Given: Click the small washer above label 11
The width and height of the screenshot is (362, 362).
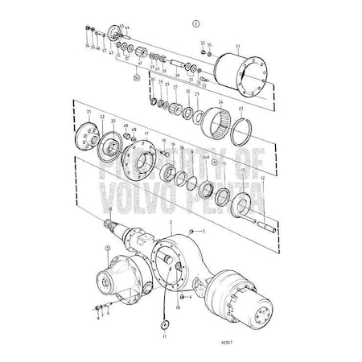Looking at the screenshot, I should [164, 323].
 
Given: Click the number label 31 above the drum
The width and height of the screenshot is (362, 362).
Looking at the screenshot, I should [238, 46].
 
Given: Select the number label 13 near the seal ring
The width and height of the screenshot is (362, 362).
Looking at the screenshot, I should [244, 170].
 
